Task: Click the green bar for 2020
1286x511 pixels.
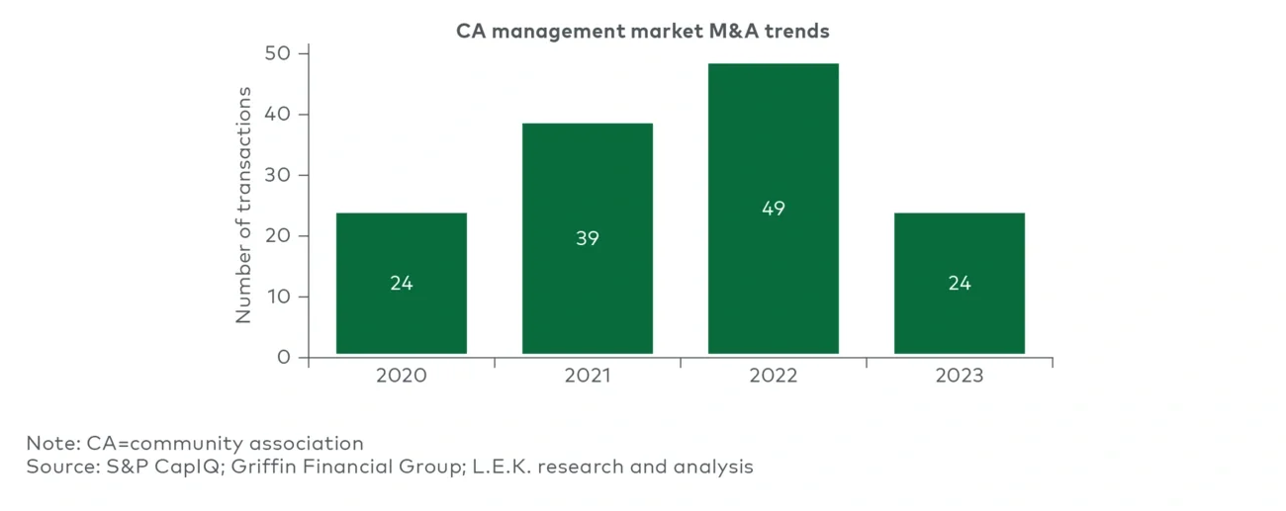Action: (x=401, y=247)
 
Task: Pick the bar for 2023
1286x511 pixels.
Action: (x=959, y=247)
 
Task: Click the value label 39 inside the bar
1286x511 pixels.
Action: (x=588, y=238)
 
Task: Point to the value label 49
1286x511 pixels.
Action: (x=774, y=209)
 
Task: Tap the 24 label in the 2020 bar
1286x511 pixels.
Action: (x=402, y=283)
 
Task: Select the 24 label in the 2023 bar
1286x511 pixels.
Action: (x=960, y=283)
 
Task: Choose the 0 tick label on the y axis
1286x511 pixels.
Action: (x=285, y=357)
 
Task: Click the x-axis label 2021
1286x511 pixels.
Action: (x=588, y=377)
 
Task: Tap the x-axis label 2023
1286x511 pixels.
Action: (x=960, y=377)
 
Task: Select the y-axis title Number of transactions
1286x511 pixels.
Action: (x=244, y=205)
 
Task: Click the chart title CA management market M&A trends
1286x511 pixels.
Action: (x=643, y=31)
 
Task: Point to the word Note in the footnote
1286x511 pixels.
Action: (x=47, y=443)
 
